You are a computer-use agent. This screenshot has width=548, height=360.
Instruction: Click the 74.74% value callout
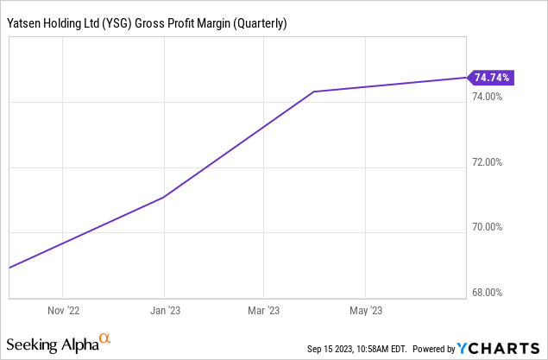click(492, 78)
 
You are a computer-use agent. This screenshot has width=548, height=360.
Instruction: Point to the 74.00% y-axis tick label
click(488, 97)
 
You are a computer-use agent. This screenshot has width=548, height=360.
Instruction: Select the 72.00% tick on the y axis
click(488, 162)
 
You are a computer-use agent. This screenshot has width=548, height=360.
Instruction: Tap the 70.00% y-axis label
click(488, 228)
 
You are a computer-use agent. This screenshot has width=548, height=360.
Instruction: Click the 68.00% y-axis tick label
click(488, 293)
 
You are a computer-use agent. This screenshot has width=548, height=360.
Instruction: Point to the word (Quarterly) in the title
click(257, 23)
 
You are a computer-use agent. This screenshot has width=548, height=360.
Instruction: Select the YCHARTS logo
click(501, 348)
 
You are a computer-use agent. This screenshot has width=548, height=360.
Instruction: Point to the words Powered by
click(434, 349)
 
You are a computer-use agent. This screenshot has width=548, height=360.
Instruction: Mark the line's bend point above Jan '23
click(164, 198)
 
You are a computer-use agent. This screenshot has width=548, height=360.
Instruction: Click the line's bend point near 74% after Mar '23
click(314, 92)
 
